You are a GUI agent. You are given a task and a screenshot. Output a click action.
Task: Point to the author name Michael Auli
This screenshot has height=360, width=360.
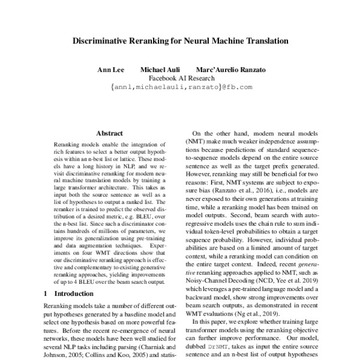tap(159, 70)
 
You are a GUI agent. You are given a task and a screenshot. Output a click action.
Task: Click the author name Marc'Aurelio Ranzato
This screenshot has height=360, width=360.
tap(231, 70)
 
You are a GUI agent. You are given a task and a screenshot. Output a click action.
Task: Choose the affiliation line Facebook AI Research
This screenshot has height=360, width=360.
tap(181, 79)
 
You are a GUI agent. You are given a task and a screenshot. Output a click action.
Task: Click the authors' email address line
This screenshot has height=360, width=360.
tap(181, 87)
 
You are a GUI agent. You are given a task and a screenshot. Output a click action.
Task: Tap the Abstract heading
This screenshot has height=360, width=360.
tap(109, 133)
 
